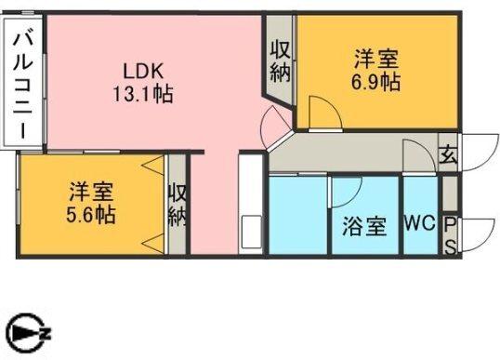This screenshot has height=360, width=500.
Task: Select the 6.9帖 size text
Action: pyautogui.click(x=376, y=83)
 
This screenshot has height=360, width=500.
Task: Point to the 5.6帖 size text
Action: pyautogui.click(x=91, y=215)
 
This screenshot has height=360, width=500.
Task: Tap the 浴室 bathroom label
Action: pyautogui.click(x=363, y=226)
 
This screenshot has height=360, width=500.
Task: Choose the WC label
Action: pyautogui.click(x=419, y=225)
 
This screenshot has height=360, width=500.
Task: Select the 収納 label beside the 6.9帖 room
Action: pyautogui.click(x=280, y=60)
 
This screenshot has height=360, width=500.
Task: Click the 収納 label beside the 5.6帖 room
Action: pyautogui.click(x=178, y=206)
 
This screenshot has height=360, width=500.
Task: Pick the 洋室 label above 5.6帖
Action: pyautogui.click(x=91, y=193)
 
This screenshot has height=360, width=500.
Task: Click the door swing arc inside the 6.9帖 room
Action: pyautogui.click(x=322, y=113)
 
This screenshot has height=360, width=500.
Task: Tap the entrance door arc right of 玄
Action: pyautogui.click(x=476, y=151)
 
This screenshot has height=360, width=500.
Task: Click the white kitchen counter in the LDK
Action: pyautogui.click(x=251, y=204)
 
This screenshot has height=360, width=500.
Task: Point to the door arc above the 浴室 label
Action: pyautogui.click(x=347, y=192)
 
